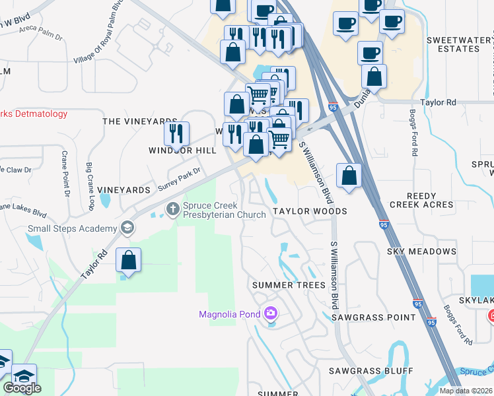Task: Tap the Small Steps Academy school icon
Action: [127, 228]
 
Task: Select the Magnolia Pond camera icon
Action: [270, 313]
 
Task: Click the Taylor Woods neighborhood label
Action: [310, 211]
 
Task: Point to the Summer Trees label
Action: [289, 285]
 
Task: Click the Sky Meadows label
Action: [421, 251]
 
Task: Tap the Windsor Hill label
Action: [182, 150]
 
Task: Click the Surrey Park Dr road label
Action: [178, 179]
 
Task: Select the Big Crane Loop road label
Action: [88, 187]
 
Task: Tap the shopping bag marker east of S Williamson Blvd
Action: [349, 176]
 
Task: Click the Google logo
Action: [22, 387]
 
